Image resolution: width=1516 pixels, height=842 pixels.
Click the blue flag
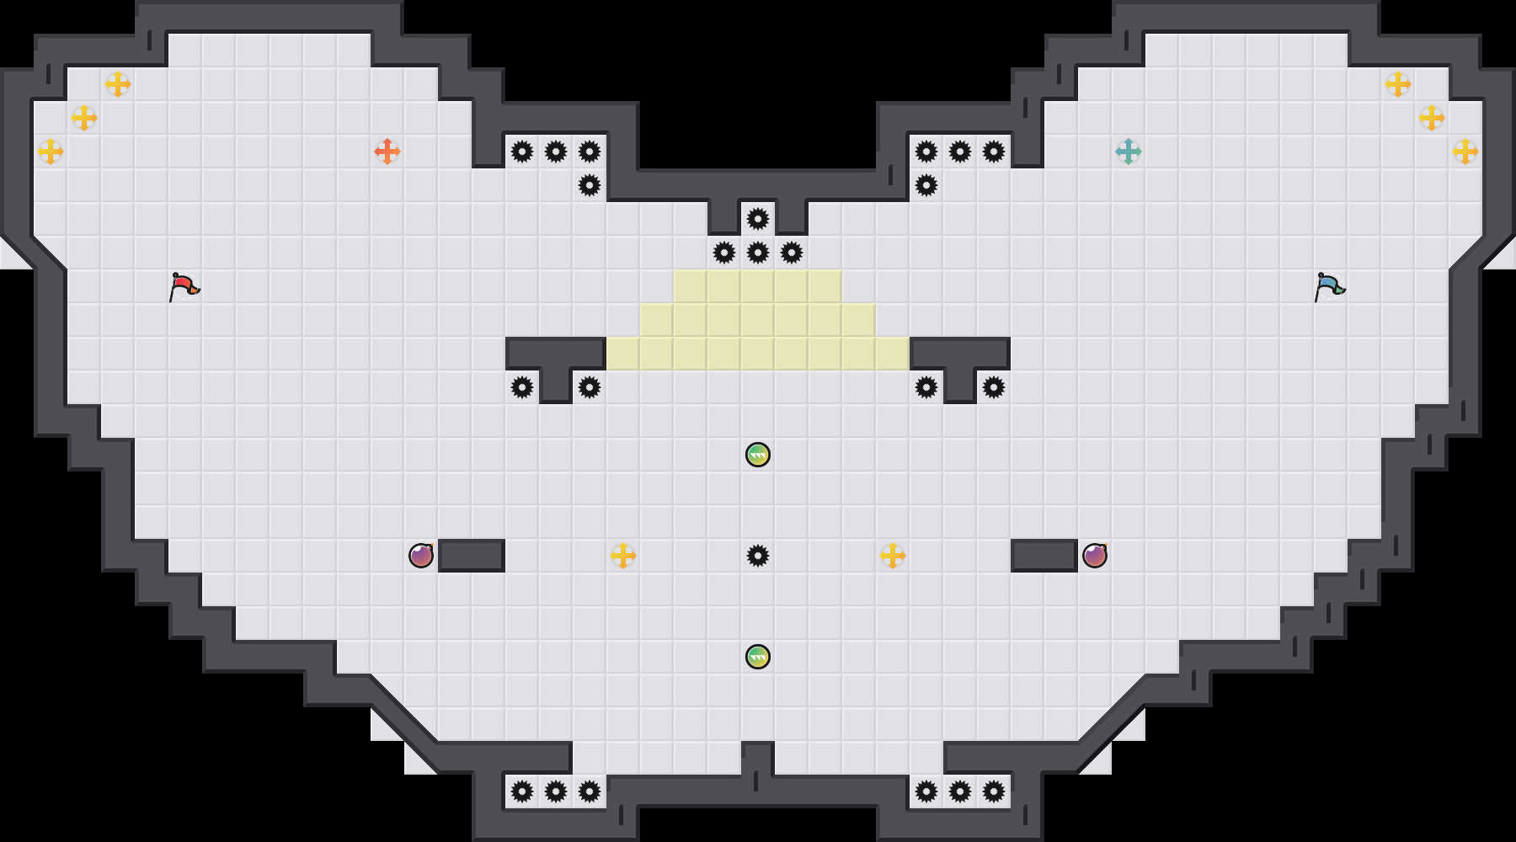tap(1329, 286)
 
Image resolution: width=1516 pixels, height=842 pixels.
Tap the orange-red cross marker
tap(387, 152)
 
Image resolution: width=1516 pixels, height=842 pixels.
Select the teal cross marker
tap(1129, 152)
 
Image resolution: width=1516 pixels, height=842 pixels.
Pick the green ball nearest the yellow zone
tap(758, 455)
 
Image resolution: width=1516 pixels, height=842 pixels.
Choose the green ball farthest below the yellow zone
tap(758, 657)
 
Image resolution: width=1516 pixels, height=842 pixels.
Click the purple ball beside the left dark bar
tap(421, 556)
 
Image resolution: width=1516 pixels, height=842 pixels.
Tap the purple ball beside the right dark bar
tap(1095, 556)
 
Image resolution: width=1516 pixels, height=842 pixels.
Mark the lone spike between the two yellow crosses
tap(758, 556)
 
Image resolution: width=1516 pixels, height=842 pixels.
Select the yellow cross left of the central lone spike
tap(623, 556)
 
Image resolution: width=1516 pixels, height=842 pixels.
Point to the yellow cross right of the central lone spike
tap(893, 556)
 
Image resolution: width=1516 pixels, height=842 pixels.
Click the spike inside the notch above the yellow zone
tap(758, 219)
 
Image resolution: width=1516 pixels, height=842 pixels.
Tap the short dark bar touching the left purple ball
tap(472, 556)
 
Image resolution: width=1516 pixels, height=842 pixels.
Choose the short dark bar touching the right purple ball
tap(1044, 556)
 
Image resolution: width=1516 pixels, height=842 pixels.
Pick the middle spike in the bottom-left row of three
tap(556, 791)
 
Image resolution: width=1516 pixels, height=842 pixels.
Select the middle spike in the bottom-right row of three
tap(960, 791)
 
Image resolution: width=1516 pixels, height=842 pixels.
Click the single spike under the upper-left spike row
tap(590, 185)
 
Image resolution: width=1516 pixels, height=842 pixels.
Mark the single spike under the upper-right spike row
tap(926, 185)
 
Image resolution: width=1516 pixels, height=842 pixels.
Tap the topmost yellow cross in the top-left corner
tap(118, 84)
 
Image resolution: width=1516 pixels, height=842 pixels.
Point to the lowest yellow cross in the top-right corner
tap(1465, 152)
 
